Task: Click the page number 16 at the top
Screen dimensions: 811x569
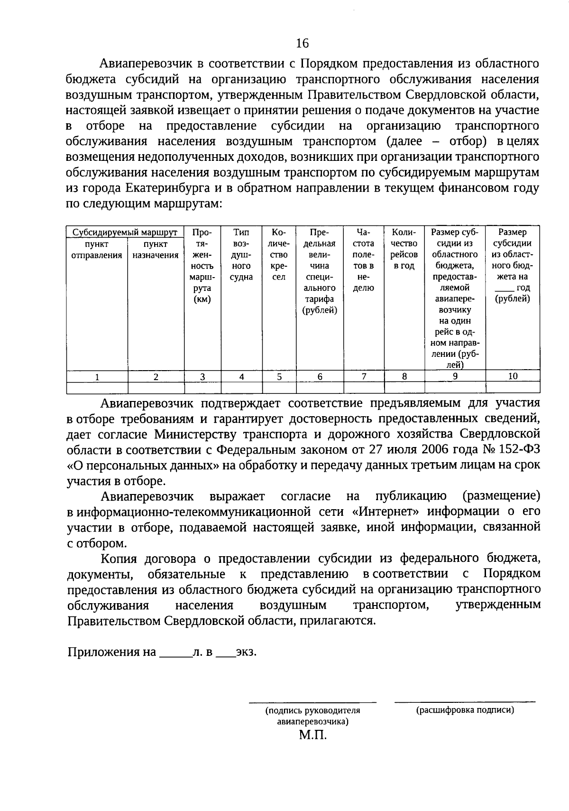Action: click(x=302, y=44)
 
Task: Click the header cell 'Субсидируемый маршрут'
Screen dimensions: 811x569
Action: click(x=125, y=232)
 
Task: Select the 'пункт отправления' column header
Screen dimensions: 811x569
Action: click(x=97, y=250)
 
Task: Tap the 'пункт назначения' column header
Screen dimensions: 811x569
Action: click(x=156, y=250)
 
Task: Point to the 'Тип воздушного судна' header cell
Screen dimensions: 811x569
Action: click(x=241, y=254)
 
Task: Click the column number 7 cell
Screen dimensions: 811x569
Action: click(x=364, y=376)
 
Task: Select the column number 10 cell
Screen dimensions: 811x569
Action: click(x=513, y=376)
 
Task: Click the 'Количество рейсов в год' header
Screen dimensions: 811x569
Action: click(x=404, y=249)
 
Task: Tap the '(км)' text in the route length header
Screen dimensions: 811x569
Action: click(x=202, y=299)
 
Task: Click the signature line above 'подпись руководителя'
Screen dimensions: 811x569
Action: click(x=312, y=701)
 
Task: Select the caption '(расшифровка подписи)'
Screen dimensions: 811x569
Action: click(x=465, y=710)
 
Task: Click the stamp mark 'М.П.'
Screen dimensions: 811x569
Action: click(x=313, y=736)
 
